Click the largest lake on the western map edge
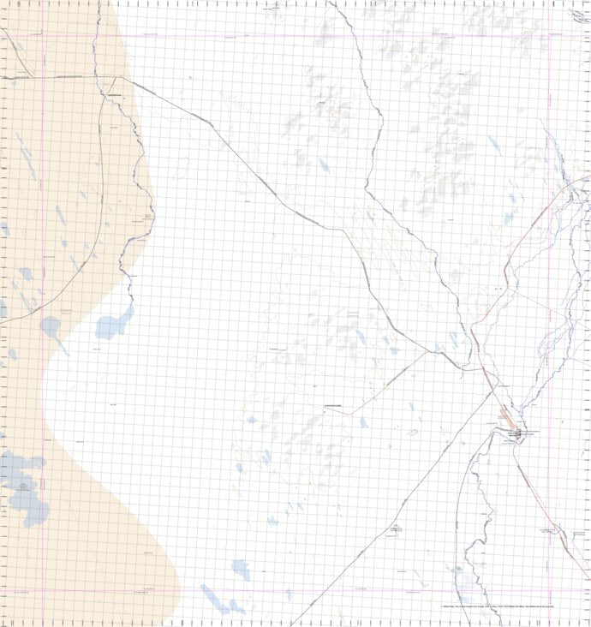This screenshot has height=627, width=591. pos(21,485)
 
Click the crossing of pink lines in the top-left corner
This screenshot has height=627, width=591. pos(43,36)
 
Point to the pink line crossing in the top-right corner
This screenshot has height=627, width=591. pos(549,36)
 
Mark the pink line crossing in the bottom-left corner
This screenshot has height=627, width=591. pos(43,590)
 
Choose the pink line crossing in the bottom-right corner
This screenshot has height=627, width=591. pos(549,590)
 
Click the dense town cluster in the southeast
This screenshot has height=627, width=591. pos(519,434)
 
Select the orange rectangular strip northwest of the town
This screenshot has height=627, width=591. pos(504,419)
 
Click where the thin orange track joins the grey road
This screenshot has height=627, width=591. pos(348,414)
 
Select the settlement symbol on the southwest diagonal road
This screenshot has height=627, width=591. pos(395,528)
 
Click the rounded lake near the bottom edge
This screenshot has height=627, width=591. pos(241,568)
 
